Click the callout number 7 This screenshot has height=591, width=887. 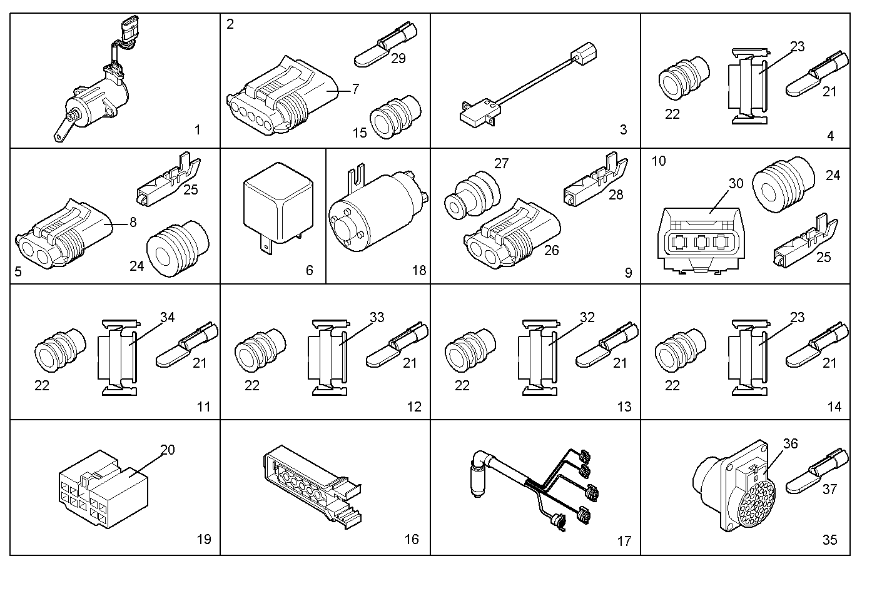pos(355,89)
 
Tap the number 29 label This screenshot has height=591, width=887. pos(398,59)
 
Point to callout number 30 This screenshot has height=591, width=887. pos(736,183)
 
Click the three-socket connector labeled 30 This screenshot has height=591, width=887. pos(701,240)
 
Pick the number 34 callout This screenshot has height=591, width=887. pos(168,317)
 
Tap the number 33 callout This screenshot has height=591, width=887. pos(377,317)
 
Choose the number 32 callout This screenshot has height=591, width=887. pos(587,317)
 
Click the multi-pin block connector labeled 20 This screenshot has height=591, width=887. pos(103,489)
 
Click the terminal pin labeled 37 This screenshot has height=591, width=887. pos(817,471)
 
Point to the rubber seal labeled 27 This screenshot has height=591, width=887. pos(472,195)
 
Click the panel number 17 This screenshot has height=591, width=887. pos(624,541)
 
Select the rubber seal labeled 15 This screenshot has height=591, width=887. pos(395,117)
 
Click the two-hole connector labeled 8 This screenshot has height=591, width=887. pos(63,235)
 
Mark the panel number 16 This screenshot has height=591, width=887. pos(412,539)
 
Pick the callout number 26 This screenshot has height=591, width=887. pos(551,250)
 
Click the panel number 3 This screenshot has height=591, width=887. pos(623,129)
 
